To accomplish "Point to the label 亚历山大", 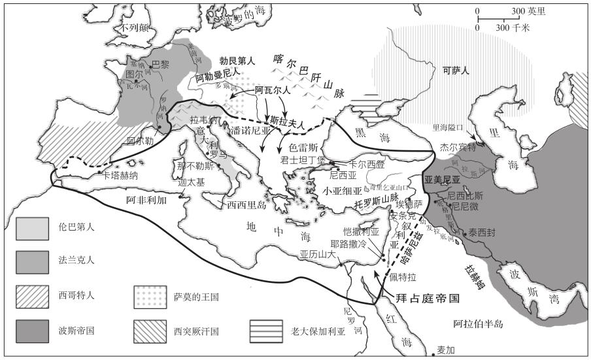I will click(x=317, y=255).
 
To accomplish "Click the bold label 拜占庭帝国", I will click(x=427, y=298).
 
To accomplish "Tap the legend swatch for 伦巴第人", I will click(x=33, y=228).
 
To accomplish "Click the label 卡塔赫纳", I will click(x=120, y=175).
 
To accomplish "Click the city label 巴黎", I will click(x=160, y=64).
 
